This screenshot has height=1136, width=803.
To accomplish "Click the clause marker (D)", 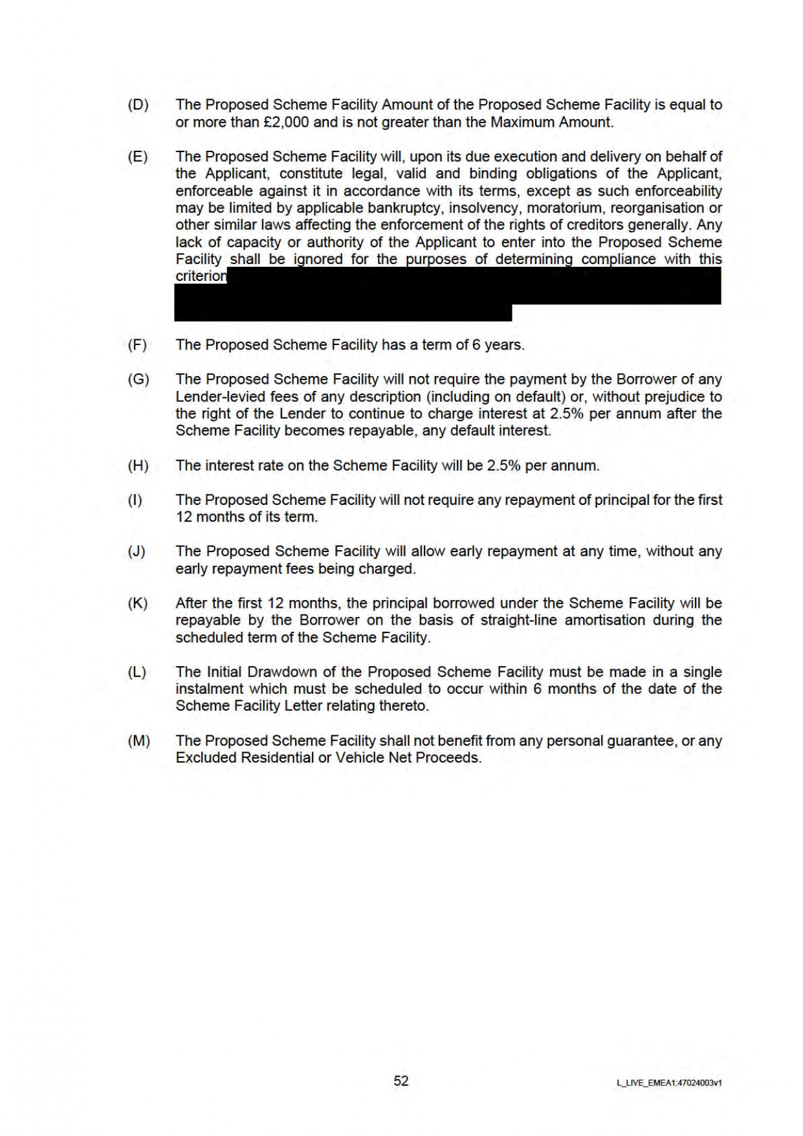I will click(138, 105).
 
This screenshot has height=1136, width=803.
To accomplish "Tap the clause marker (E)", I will click(138, 157).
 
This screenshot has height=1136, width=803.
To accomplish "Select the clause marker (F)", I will click(137, 345).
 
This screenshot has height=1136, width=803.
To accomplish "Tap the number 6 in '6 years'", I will click(476, 345).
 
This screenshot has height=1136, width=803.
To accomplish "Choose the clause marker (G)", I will click(138, 379).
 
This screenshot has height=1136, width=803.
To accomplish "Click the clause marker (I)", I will click(135, 500).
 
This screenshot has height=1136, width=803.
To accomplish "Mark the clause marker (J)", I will click(137, 551).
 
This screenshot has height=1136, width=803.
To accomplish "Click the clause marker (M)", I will click(138, 741).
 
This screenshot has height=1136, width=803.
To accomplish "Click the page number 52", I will click(401, 1081).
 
